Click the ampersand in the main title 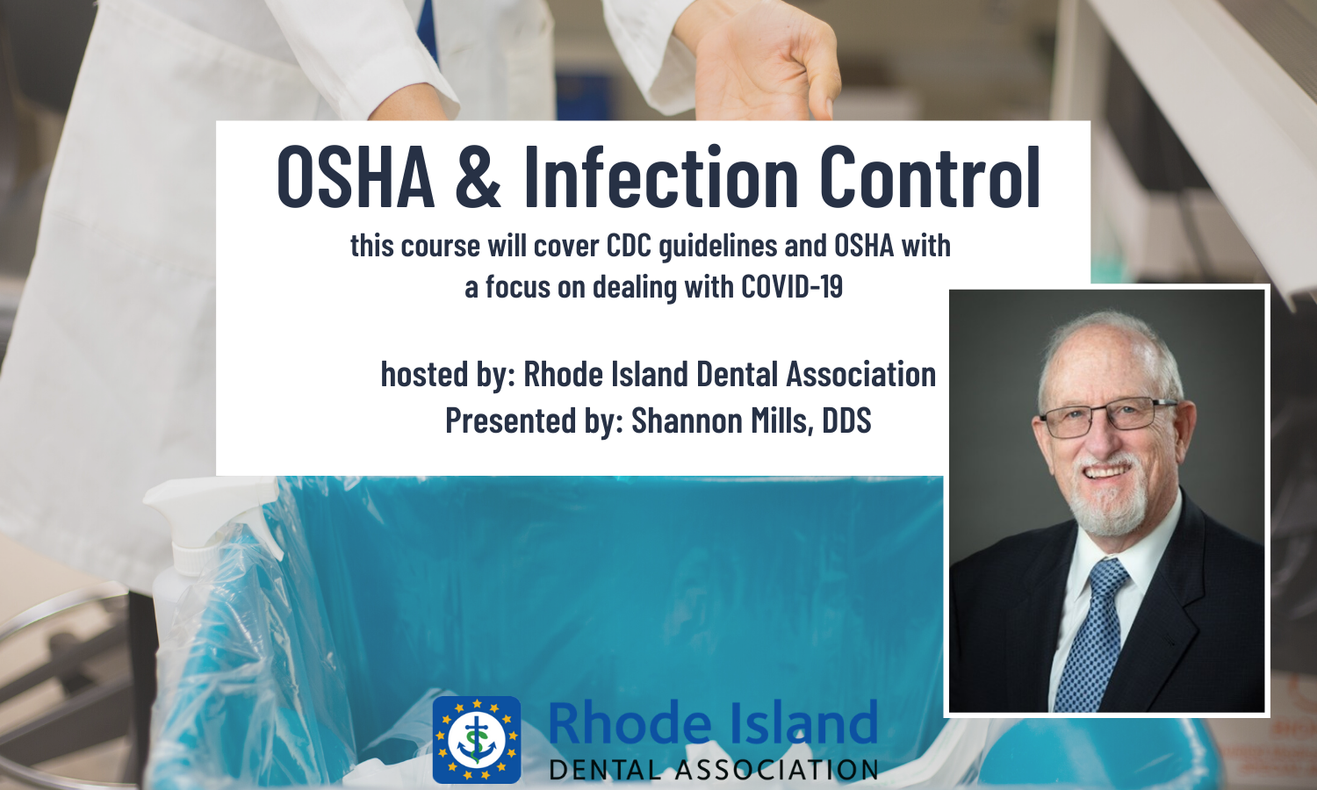(x=478, y=177)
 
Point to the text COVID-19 (x=791, y=287)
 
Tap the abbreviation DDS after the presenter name (x=846, y=420)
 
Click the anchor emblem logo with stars (x=476, y=739)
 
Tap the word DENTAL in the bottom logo (x=606, y=770)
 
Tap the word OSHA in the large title (x=356, y=177)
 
